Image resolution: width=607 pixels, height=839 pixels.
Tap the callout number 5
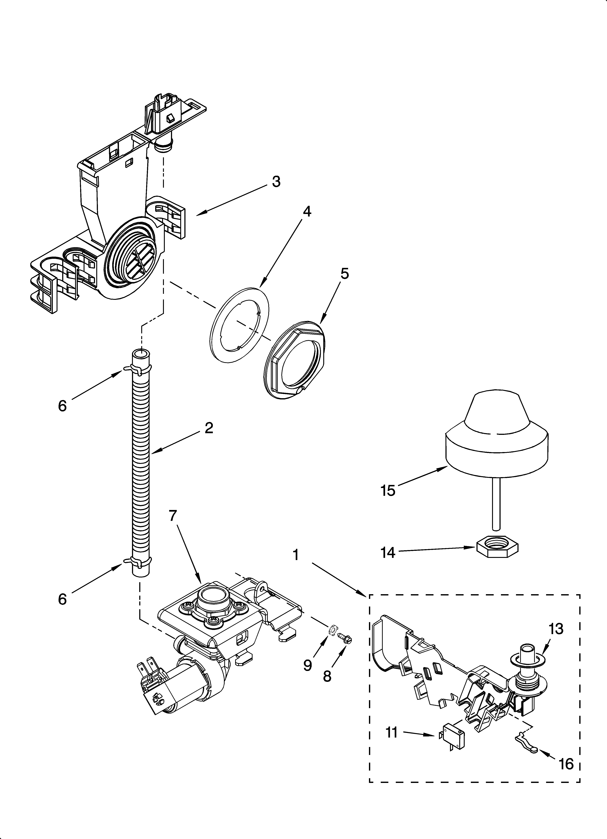point(344,274)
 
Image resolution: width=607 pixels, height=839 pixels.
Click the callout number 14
point(388,553)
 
